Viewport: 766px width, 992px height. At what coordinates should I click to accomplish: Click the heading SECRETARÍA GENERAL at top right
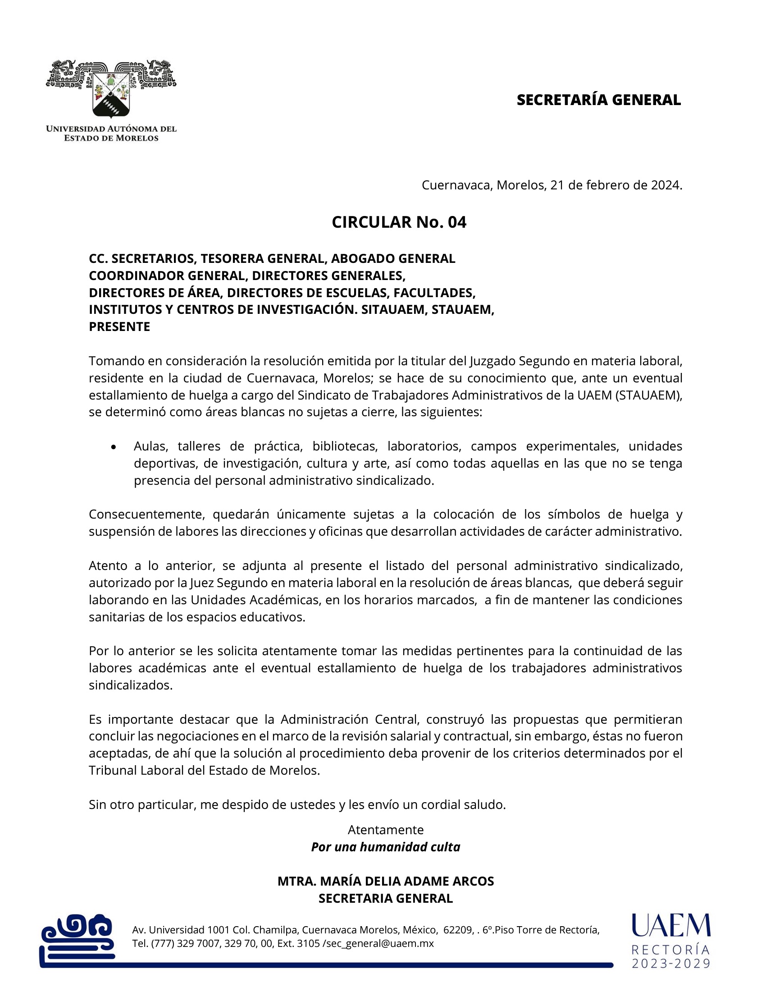tap(598, 100)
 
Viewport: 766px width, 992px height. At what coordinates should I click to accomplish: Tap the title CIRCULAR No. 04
tap(399, 222)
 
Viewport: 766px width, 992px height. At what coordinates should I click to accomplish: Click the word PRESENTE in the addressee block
tap(119, 326)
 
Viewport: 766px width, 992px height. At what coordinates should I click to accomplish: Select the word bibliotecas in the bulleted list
tap(345, 446)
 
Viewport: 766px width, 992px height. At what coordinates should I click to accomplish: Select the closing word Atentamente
tap(386, 830)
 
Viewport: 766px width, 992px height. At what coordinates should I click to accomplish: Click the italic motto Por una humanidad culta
tap(386, 847)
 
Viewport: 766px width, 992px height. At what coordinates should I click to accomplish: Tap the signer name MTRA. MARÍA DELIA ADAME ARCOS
tap(386, 881)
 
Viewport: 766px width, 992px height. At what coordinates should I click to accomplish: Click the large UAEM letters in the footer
tap(671, 926)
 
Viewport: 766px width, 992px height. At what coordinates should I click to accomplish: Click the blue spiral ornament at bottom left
tap(77, 936)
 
